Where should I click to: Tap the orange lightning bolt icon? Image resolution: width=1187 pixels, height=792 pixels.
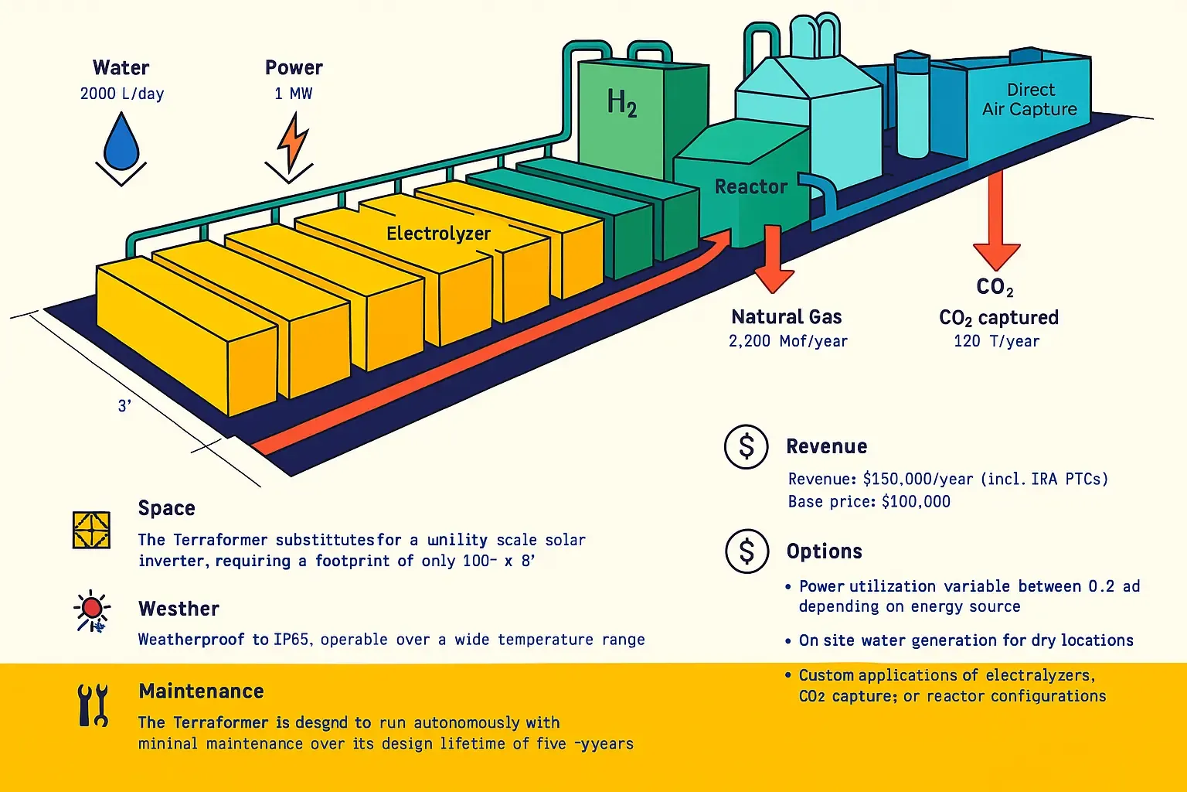[x=291, y=142]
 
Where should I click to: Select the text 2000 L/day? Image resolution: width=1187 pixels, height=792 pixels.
[x=122, y=94]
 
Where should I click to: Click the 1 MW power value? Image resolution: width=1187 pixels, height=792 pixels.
[x=294, y=94]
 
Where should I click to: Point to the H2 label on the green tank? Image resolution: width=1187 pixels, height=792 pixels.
[x=621, y=102]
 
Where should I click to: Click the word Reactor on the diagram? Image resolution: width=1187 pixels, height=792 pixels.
[x=751, y=186]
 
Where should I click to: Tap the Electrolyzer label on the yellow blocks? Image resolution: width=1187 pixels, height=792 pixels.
[x=439, y=234]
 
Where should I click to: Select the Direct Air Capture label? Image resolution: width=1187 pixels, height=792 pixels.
[x=1029, y=99]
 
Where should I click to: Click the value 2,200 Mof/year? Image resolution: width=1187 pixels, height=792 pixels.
[x=788, y=341]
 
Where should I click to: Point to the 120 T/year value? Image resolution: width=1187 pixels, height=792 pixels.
[x=997, y=341]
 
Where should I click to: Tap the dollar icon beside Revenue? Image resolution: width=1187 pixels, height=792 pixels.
[x=746, y=447]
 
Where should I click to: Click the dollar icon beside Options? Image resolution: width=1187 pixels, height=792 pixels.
[x=747, y=551]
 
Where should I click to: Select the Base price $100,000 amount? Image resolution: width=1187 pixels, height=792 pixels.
[x=917, y=501]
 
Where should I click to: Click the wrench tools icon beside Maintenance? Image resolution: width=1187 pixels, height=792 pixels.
[x=94, y=705]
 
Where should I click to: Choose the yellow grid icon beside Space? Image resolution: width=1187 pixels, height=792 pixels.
[x=91, y=530]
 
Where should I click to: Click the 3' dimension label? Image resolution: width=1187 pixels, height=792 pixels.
[x=124, y=406]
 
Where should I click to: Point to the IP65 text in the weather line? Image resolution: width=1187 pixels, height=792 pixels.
[x=291, y=639]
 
